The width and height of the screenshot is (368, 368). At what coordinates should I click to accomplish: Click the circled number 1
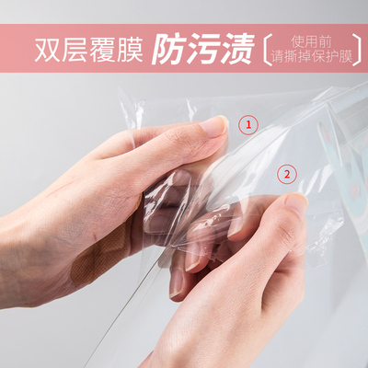coord(247,122)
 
